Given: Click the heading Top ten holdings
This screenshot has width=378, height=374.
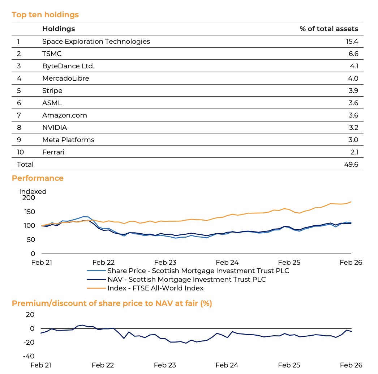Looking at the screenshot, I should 45,15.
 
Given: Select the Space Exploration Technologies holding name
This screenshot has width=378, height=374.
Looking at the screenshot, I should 96,41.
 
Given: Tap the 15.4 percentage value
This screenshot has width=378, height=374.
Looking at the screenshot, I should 352,41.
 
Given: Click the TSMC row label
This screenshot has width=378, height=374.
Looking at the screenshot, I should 52,54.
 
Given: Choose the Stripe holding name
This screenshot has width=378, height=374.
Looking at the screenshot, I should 52,90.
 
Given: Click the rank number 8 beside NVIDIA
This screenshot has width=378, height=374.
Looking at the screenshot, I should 18,127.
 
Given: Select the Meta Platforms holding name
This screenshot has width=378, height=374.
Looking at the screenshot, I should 68,140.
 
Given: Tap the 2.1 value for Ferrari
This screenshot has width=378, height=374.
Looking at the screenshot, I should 353,152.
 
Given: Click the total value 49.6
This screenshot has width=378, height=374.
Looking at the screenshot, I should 352,164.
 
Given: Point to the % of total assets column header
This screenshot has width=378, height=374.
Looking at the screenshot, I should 329,29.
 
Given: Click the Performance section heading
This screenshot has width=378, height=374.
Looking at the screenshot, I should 38,178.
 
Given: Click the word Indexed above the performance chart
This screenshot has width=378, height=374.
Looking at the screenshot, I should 33,191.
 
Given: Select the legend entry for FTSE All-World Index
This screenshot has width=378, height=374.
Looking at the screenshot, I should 155,288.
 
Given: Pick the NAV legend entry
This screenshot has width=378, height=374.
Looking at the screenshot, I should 186,279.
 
